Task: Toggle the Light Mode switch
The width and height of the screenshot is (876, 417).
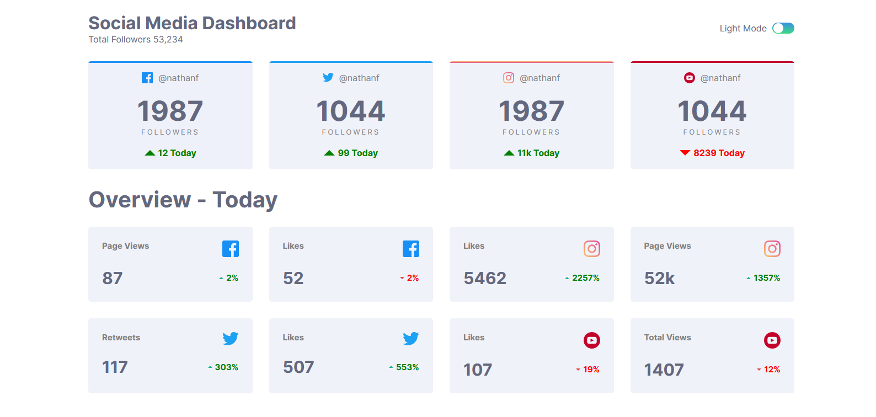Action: coord(783,28)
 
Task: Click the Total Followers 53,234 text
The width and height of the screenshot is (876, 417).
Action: coord(136,40)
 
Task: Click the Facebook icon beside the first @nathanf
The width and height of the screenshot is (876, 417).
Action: coord(147,78)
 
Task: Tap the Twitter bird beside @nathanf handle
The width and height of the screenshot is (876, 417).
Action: coord(328,78)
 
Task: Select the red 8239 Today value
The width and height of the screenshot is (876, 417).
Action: coord(719,153)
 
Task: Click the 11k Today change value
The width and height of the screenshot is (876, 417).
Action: coord(538,153)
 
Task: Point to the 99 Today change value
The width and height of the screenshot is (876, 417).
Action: coord(357,153)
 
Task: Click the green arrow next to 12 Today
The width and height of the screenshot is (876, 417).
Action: coord(149,153)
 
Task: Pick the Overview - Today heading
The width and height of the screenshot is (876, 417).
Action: coord(183,200)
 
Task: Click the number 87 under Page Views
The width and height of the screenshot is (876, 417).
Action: coord(113,279)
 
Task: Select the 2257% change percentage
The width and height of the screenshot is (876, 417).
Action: coord(585,278)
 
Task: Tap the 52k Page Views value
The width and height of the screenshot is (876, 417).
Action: coord(659,279)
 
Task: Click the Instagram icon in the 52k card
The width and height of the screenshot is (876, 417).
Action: coord(772,249)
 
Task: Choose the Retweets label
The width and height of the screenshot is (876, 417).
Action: coord(121,338)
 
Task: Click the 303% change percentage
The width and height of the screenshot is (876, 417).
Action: coord(226,367)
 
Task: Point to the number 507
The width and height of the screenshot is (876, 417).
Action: coord(298,367)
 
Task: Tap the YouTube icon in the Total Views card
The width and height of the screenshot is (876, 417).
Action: coord(772,340)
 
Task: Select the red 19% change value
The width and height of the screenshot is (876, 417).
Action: coord(591,370)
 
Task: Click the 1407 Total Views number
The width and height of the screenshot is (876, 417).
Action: coord(664,370)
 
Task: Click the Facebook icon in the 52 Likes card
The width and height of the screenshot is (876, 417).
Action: coord(411,249)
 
